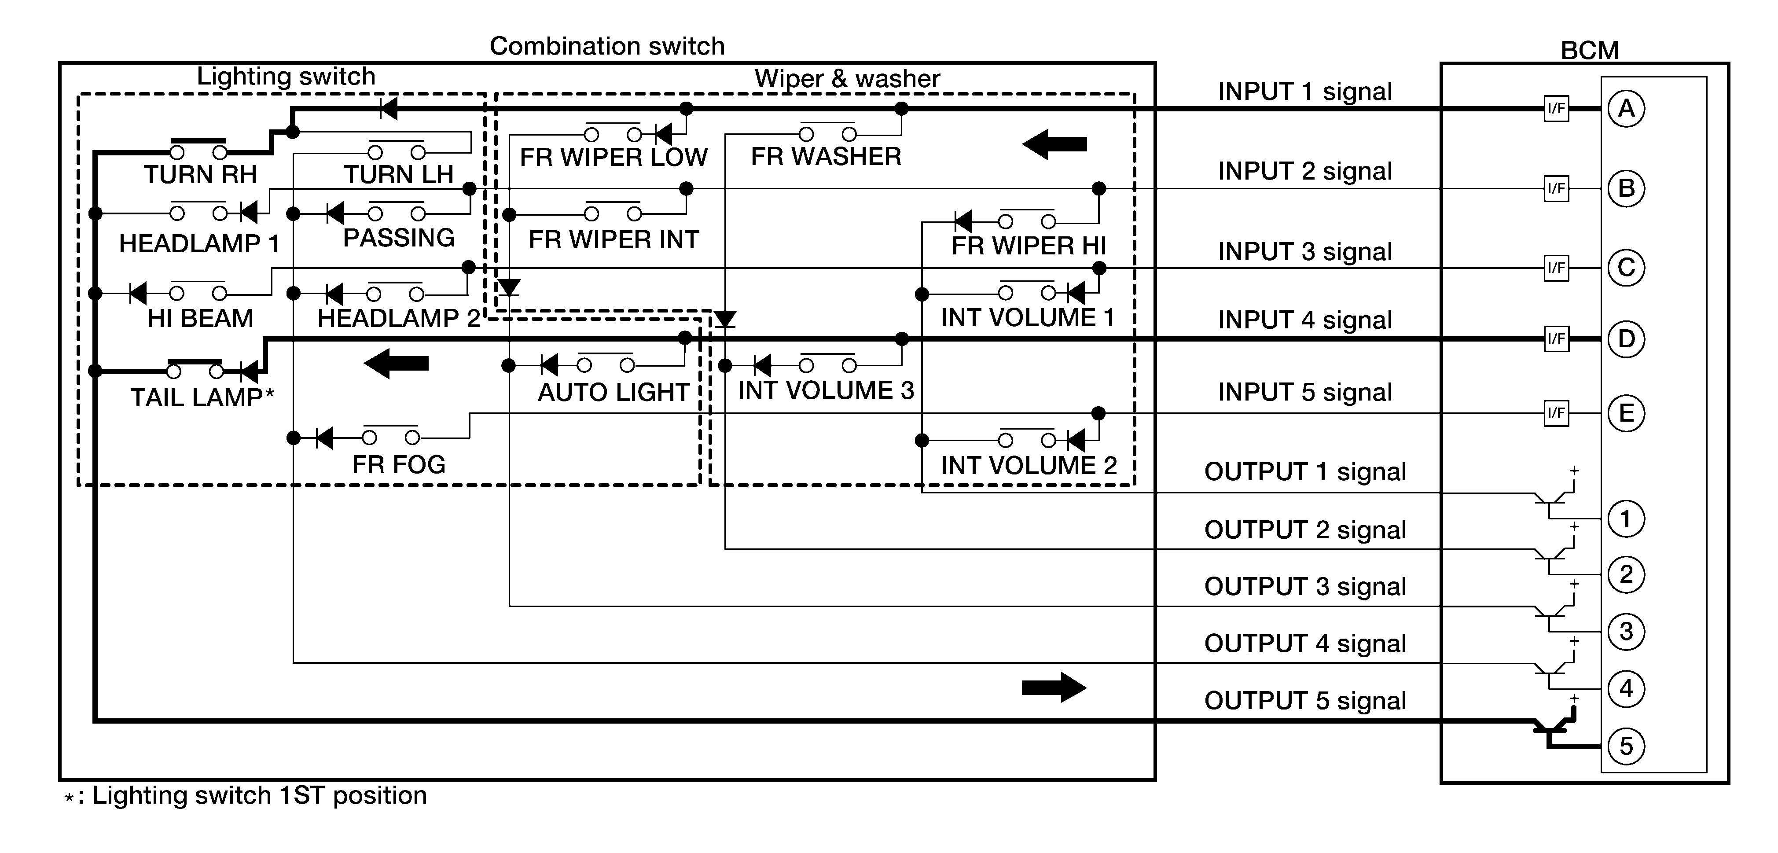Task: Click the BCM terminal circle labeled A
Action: click(x=1626, y=108)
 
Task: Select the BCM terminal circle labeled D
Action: click(x=1626, y=339)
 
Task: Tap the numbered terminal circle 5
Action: click(x=1626, y=746)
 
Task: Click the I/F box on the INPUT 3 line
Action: click(x=1557, y=268)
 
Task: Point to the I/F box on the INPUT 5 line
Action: click(x=1557, y=413)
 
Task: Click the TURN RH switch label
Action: click(x=200, y=175)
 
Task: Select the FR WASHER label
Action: click(x=826, y=157)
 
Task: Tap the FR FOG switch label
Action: click(x=399, y=464)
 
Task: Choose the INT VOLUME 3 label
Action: click(x=826, y=390)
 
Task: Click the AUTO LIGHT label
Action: click(x=613, y=392)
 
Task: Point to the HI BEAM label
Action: click(x=200, y=318)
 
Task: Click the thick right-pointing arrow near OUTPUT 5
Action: click(x=1054, y=688)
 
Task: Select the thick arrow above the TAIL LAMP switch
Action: click(x=396, y=363)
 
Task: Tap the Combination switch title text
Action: click(x=607, y=46)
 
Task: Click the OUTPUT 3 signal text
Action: click(x=1305, y=587)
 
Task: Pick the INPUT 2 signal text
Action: click(x=1305, y=171)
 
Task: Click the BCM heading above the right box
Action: click(x=1590, y=50)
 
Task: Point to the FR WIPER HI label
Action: click(x=1029, y=246)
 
